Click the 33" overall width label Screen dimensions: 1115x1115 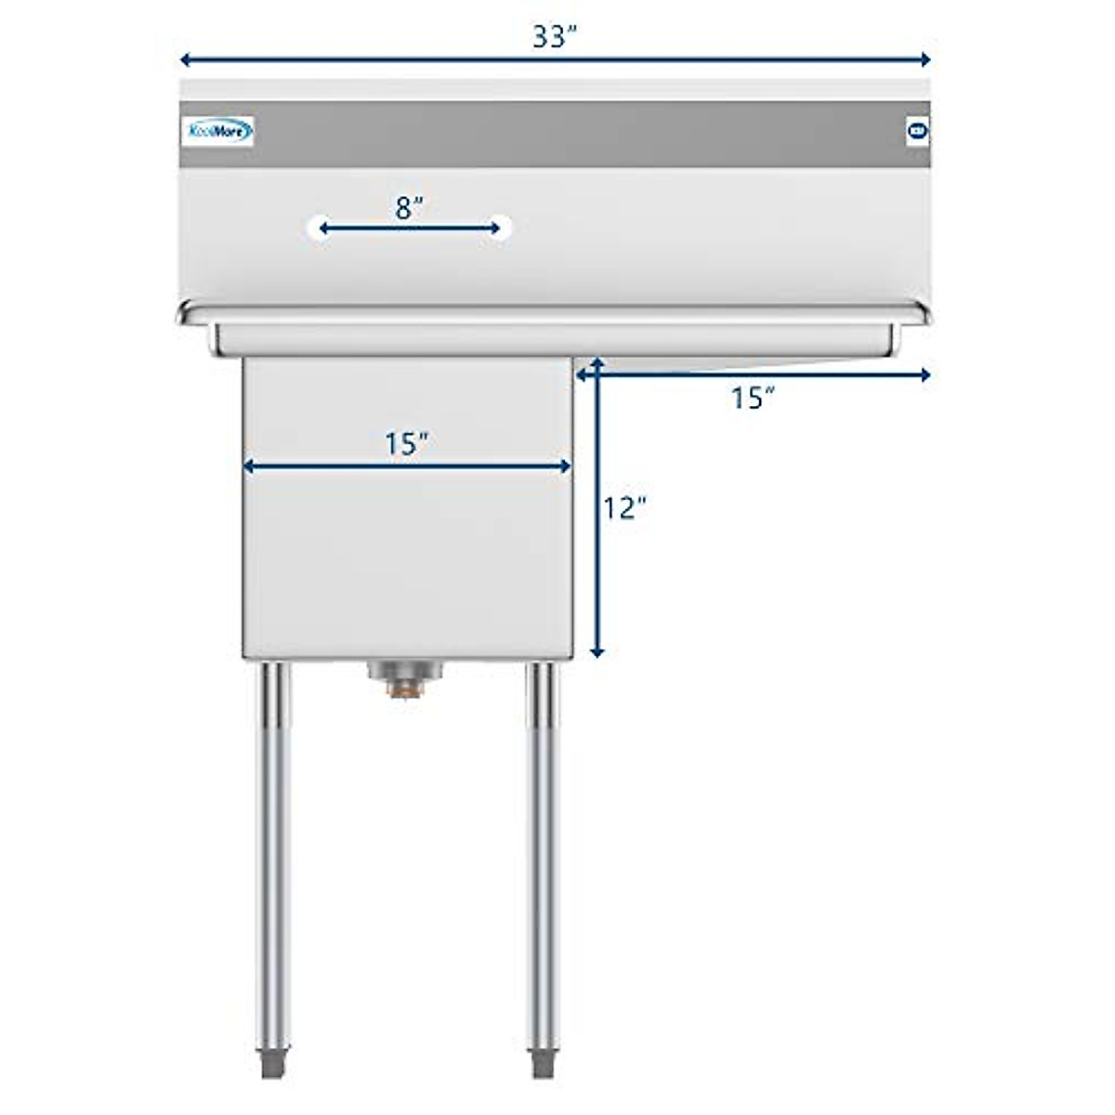pos(555,36)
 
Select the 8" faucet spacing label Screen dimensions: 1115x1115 pos(409,207)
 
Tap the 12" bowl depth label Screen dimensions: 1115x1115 pos(624,508)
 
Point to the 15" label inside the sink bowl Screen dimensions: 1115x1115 pos(406,444)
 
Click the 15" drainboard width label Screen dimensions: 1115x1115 pos(753,398)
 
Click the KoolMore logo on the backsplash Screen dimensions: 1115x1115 pos(216,132)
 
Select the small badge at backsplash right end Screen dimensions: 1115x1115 pos(916,131)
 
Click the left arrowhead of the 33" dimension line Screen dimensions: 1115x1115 pos(185,60)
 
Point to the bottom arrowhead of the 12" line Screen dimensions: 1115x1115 pos(597,651)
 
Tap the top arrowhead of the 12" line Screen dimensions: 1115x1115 pos(597,363)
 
